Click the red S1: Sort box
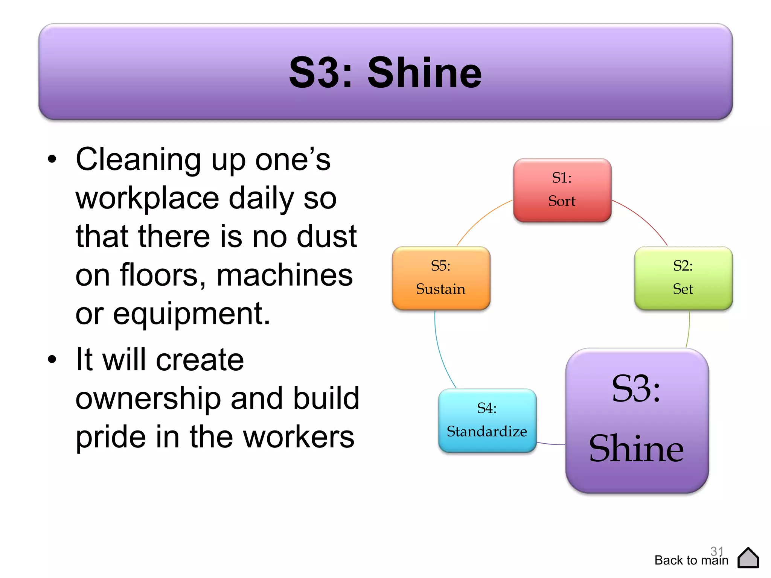click(x=562, y=190)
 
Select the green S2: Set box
click(x=683, y=278)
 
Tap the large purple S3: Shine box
click(x=637, y=420)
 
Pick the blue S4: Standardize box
click(x=487, y=420)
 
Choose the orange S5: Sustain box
click(x=441, y=278)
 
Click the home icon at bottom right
click(x=748, y=558)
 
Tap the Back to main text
click(x=691, y=560)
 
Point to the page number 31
click(x=717, y=551)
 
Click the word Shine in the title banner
click(x=424, y=73)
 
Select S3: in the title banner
click(x=321, y=73)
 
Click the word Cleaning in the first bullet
click(x=138, y=160)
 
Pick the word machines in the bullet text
click(x=285, y=275)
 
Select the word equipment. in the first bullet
click(x=192, y=314)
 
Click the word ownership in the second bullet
click(x=148, y=398)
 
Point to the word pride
click(x=110, y=437)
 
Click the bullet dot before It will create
click(x=52, y=359)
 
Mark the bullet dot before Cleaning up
click(x=52, y=159)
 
